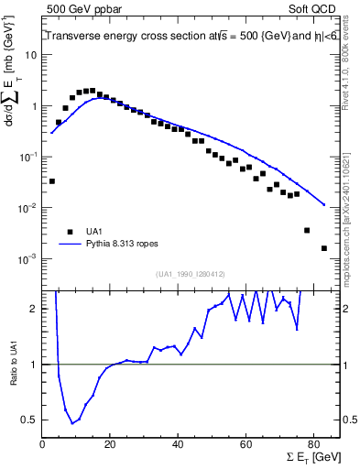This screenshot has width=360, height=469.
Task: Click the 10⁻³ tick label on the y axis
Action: pos(28,259)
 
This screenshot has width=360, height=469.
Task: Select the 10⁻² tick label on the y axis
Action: pos(28,208)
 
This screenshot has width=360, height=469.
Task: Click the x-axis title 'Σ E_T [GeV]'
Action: pos(312,460)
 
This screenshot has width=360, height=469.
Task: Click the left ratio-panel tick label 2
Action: pos(34,309)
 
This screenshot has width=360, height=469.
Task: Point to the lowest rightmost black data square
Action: pos(324,248)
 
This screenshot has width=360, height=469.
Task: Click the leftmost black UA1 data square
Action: pos(51,181)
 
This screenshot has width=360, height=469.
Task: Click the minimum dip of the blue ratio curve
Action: pos(72,423)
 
